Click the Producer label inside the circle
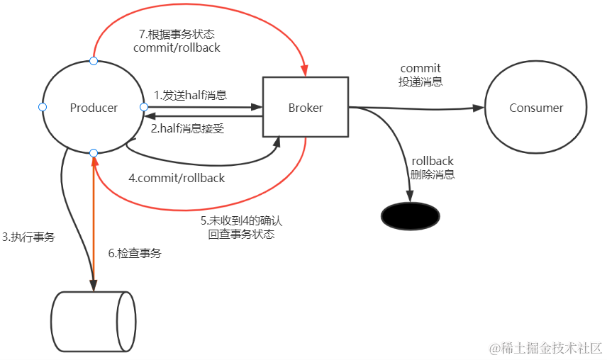[x=94, y=108]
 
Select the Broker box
[x=306, y=108]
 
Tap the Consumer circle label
[x=536, y=108]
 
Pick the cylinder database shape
[x=94, y=320]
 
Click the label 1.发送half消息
[x=190, y=94]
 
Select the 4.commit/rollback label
[x=177, y=178]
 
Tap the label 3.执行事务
[x=28, y=237]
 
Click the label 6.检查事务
[x=134, y=252]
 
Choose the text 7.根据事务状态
[x=177, y=35]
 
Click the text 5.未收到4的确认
[x=241, y=220]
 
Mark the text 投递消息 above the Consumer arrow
[x=421, y=81]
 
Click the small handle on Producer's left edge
[x=42, y=107]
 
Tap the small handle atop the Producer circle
[x=94, y=61]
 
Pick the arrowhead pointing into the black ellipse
[x=410, y=198]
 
